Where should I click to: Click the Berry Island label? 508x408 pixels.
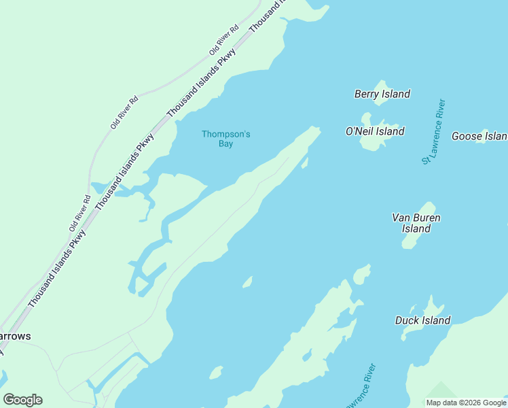coord(382,94)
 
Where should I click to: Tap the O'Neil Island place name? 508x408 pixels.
coord(374,131)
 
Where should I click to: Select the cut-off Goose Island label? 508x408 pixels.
coord(479,137)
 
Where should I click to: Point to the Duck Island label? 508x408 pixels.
coord(422,320)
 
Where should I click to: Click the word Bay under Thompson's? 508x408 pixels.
coord(225,144)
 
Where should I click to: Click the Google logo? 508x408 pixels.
coord(22,400)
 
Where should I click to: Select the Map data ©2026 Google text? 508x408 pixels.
coord(467,403)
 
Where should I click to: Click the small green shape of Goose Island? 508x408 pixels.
coord(485,132)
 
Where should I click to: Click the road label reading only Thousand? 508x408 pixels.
coord(267,16)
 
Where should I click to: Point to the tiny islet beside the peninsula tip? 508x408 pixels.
coord(305,163)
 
